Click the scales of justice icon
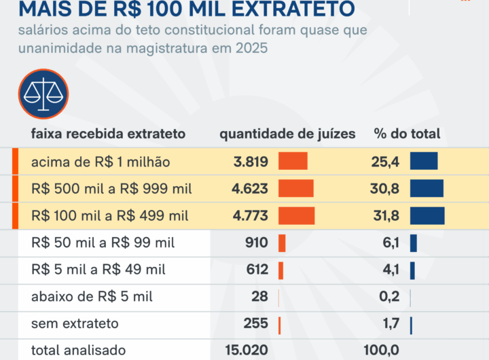coord(43,94)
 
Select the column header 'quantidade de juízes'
coord(287,134)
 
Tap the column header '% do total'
coord(407,134)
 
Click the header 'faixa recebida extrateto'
coord(108,134)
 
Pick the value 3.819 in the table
coord(250,162)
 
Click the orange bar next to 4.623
coord(295,189)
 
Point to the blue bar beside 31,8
coord(427,216)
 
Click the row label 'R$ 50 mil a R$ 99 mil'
coord(103,243)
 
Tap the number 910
coord(257,243)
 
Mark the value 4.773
coord(250,216)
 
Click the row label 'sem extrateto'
coord(75,323)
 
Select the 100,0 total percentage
coord(382,350)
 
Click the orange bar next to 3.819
coord(293,162)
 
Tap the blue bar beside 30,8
coord(426,189)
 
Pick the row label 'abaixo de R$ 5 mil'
coord(92,297)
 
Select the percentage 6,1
coord(391,243)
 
